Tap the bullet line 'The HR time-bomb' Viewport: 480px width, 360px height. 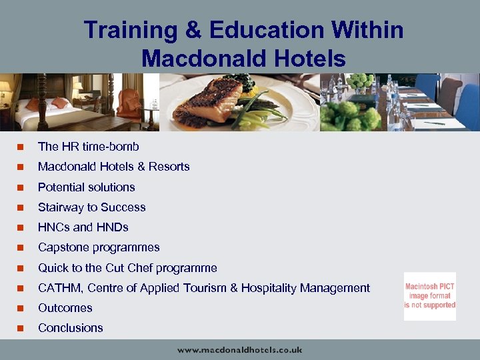88,146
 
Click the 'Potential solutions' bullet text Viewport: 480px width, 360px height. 86,187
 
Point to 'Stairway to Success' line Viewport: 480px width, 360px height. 91,207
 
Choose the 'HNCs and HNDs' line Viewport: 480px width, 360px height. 83,227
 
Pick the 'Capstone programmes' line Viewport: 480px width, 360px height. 99,247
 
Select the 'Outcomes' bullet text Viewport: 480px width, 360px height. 65,308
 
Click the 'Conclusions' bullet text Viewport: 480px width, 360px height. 70,328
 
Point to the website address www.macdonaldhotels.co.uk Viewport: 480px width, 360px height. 239,349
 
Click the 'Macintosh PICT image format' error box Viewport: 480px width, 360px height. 429,296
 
